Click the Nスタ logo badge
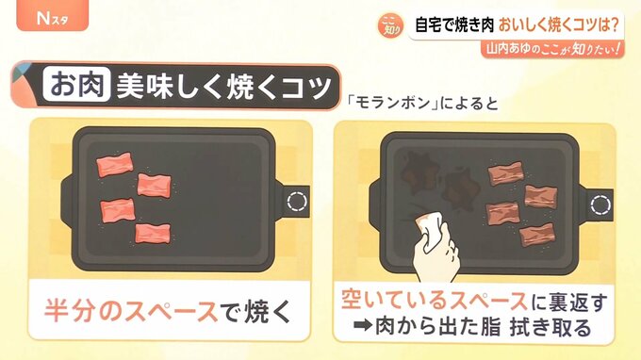(x=53, y=15)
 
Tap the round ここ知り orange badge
(x=390, y=25)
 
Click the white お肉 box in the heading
(x=77, y=85)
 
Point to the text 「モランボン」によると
(x=422, y=103)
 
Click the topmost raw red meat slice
(x=115, y=164)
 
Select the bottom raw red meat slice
(x=153, y=234)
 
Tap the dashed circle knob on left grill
(x=297, y=202)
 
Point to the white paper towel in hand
(x=429, y=228)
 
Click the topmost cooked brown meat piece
(x=505, y=173)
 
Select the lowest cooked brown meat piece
(x=537, y=235)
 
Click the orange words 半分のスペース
(x=131, y=311)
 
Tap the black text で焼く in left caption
(x=256, y=311)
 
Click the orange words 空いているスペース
(x=435, y=301)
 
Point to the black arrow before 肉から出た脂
(x=363, y=326)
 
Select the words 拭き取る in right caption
(x=551, y=327)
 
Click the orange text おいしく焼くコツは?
(x=558, y=25)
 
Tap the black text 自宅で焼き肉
(x=454, y=25)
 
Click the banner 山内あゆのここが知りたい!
(x=552, y=49)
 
